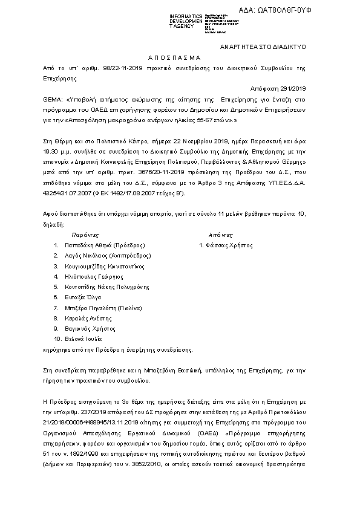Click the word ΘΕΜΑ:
coord(53,97)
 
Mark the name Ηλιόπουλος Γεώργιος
coord(91,277)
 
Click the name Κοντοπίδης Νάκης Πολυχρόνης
coord(106,287)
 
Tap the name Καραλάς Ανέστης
coord(87,318)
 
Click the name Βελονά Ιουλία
coord(82,339)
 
